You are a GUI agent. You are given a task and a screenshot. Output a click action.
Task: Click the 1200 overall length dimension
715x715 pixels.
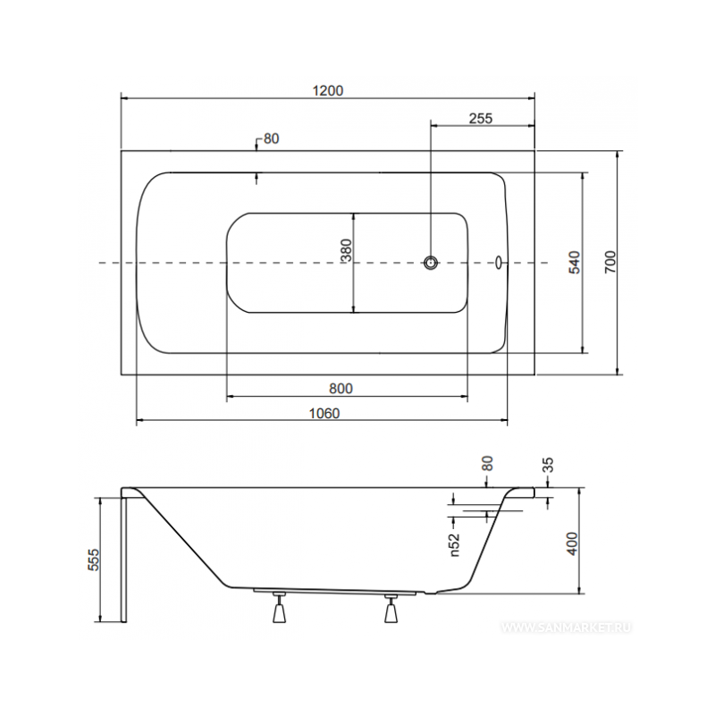(328, 90)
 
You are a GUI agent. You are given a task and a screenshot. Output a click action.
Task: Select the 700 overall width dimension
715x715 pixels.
(610, 261)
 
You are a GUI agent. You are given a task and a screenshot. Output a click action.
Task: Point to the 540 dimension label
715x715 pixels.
(576, 262)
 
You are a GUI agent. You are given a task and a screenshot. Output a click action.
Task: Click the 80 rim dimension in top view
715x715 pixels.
(271, 139)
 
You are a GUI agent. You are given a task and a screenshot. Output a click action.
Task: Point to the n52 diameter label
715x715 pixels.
(453, 542)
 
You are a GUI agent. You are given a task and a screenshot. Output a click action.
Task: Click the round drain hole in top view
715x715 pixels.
(432, 263)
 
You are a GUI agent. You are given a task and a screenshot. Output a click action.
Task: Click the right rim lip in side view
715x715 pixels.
(526, 492)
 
